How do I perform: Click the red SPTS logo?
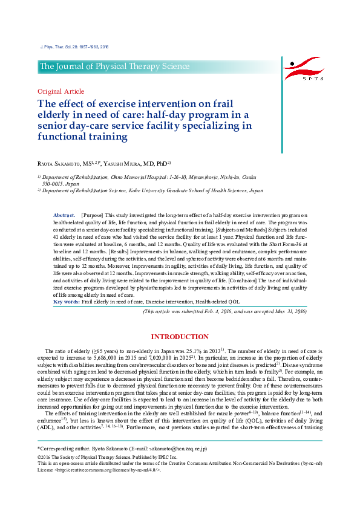click(x=306, y=69)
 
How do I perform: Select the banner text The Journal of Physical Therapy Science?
click(x=114, y=66)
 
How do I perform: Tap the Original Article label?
click(x=61, y=91)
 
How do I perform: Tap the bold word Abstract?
click(x=64, y=215)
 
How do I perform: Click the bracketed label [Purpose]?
click(x=92, y=215)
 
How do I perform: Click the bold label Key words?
click(x=67, y=302)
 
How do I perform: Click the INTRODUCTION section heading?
click(x=180, y=337)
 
